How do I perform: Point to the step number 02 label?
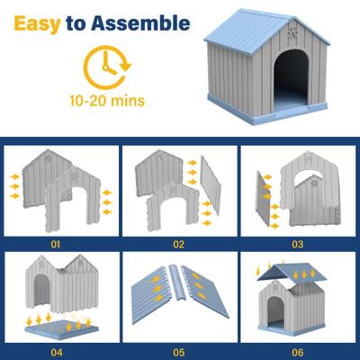(x=179, y=243)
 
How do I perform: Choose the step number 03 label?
(x=298, y=243)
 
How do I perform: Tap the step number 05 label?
(x=179, y=352)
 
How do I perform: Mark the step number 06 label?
(x=298, y=352)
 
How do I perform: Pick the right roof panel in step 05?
(x=208, y=292)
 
